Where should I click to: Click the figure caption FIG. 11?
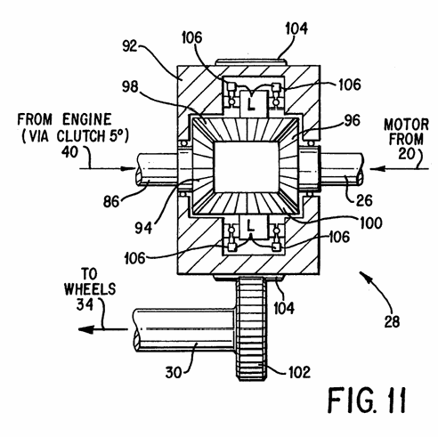(367, 400)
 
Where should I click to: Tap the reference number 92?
(130, 46)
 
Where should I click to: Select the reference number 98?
(130, 86)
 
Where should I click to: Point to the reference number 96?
(353, 120)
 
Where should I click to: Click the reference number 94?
(143, 228)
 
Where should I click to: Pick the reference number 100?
(371, 223)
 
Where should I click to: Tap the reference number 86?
(111, 202)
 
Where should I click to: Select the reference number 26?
(364, 200)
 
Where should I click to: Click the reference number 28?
(392, 321)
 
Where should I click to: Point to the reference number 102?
(300, 372)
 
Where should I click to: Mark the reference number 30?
(174, 373)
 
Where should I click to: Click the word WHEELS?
(90, 289)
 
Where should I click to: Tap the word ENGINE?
(87, 119)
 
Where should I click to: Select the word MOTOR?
(406, 125)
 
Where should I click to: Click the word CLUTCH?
(80, 136)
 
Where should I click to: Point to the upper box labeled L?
(251, 102)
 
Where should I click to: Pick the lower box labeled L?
(251, 227)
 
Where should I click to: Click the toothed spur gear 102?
(252, 328)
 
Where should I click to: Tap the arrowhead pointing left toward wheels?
(86, 329)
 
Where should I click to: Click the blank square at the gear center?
(246, 167)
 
